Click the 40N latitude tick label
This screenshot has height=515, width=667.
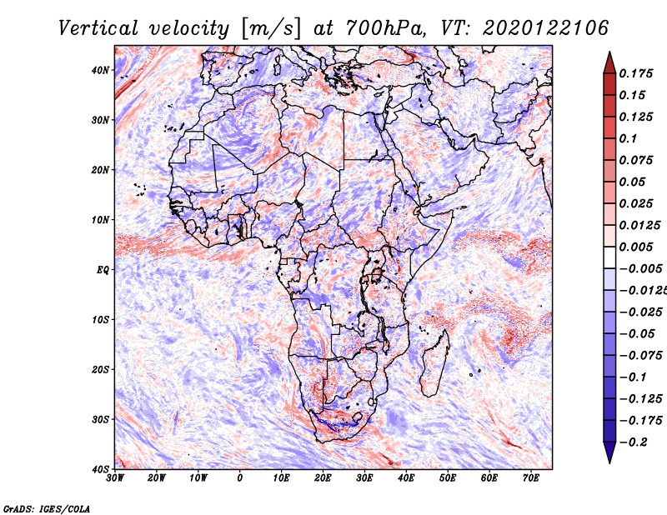100,70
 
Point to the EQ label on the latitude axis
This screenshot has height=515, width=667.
103,270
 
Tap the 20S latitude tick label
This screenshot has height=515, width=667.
100,369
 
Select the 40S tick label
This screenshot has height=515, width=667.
100,469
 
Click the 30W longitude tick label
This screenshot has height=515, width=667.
115,478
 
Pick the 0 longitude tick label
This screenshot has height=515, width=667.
240,478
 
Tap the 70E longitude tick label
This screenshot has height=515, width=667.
531,478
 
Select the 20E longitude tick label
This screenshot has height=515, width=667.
323,478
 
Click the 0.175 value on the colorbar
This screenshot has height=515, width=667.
635,73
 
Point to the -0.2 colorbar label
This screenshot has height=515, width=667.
633,442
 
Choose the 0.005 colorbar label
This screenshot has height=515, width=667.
635,247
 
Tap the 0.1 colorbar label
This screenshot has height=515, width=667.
629,138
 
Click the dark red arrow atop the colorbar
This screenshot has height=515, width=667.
609,63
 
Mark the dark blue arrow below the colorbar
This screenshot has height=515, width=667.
609,452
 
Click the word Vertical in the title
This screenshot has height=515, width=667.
98,28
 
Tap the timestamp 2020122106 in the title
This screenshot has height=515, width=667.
546,28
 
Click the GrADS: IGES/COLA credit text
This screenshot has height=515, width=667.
47,508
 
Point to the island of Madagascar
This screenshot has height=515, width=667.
434,363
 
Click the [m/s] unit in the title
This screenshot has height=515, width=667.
271,29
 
